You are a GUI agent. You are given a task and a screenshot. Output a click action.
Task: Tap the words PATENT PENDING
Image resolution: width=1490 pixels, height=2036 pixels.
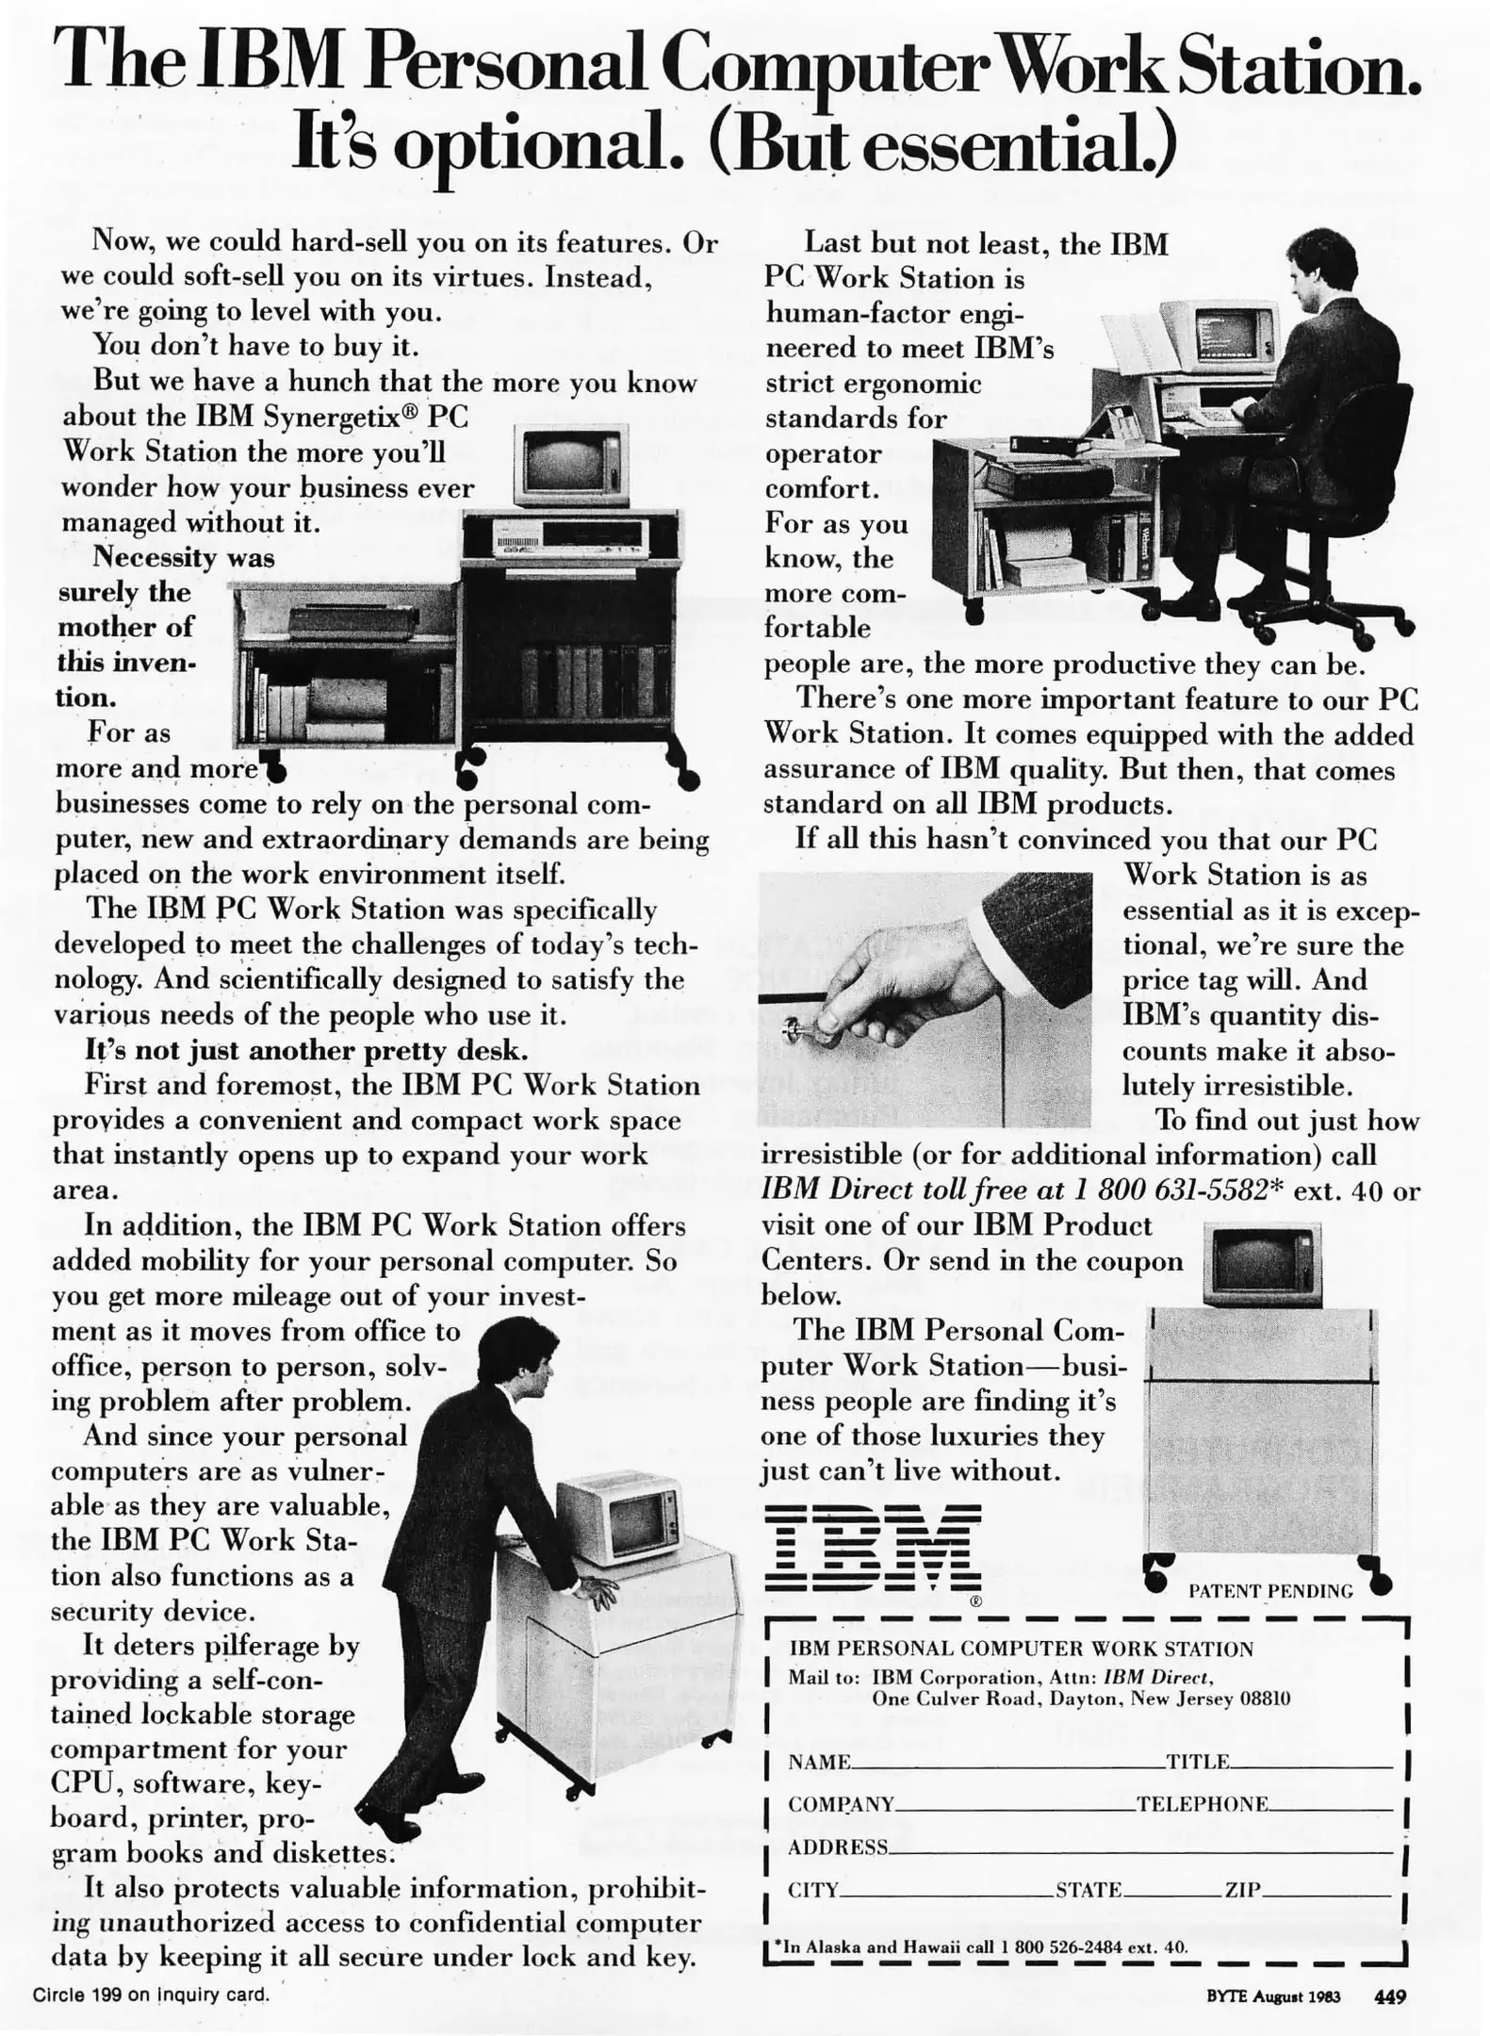(1269, 1590)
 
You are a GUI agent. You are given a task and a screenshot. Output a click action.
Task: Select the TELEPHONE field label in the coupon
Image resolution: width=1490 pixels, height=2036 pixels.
(1202, 1803)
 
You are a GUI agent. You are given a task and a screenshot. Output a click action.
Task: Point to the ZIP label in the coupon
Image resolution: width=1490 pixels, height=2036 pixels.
(1241, 1888)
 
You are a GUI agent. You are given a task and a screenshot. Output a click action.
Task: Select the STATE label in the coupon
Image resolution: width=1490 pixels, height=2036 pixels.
(1088, 1888)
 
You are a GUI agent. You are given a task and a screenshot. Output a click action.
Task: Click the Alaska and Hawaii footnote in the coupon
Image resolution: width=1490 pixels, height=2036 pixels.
(980, 1946)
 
